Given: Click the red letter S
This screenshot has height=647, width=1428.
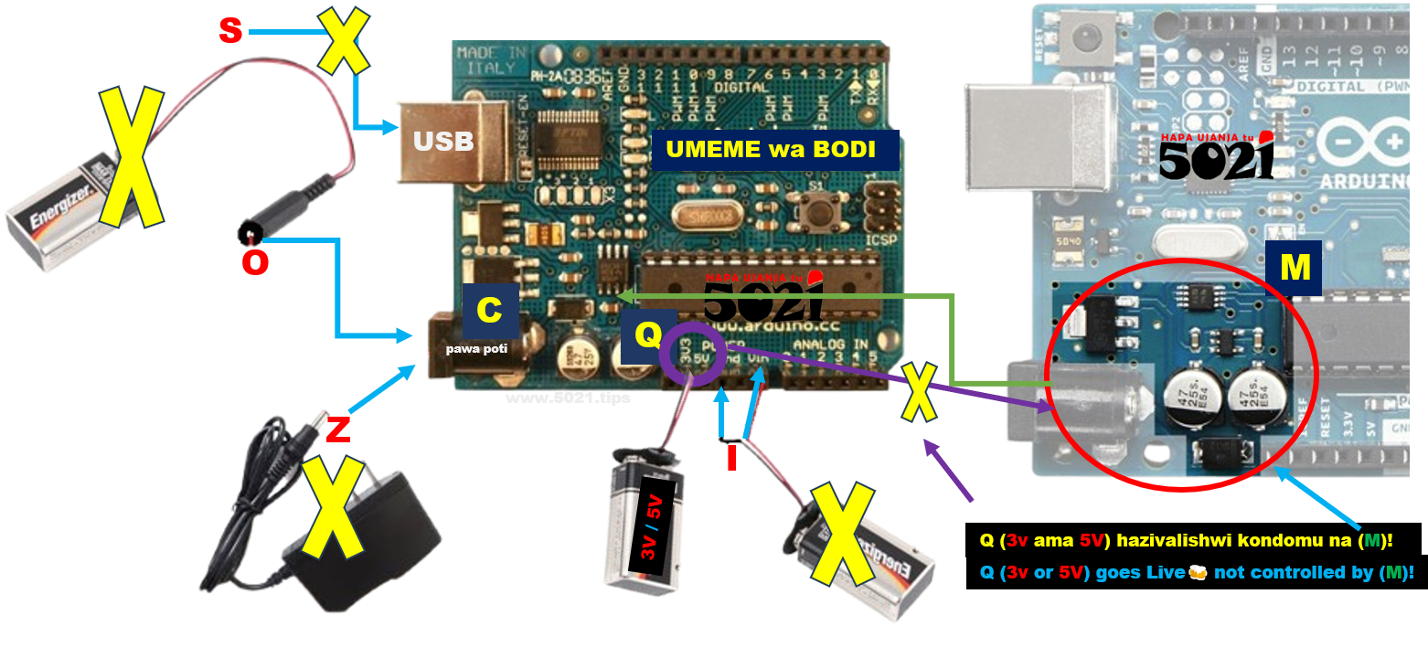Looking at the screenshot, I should coord(230,31).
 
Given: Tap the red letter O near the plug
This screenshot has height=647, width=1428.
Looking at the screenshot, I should coord(255,262).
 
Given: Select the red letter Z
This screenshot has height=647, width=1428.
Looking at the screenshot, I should coord(337,430).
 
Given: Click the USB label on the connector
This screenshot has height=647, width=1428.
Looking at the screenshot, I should coord(443,142).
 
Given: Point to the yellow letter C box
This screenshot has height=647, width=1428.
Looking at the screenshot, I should coord(490,311).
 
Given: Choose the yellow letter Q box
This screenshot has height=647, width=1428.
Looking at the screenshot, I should coord(647,336).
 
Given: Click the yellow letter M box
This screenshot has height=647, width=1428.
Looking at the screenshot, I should coord(1295,268).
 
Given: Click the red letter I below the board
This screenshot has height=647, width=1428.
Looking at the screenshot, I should coord(730,457).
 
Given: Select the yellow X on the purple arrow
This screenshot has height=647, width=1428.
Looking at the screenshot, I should coord(919,391).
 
